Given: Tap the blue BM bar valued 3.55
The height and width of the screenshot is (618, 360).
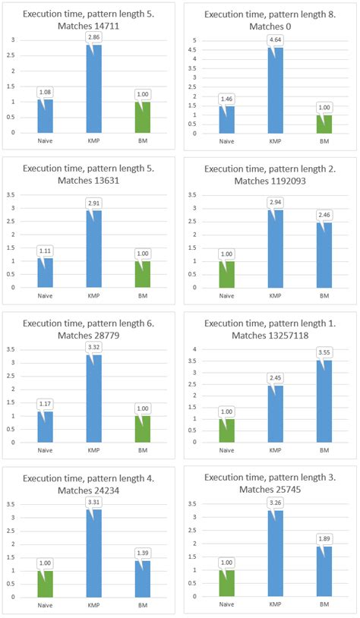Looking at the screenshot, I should click(x=324, y=402).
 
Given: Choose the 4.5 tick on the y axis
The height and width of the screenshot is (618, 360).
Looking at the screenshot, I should click(x=194, y=49).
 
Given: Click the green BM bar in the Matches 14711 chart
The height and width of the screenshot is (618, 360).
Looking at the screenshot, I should click(x=144, y=117).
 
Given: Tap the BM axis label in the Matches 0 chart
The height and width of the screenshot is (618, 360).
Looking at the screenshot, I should click(x=324, y=140).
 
